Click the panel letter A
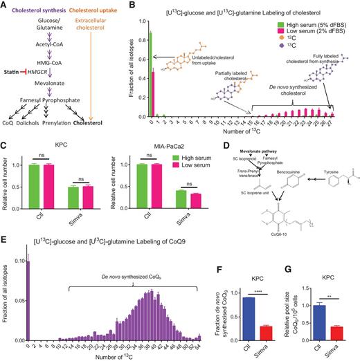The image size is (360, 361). [x=4, y=5]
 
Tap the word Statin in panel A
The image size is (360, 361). [x=15, y=71]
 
